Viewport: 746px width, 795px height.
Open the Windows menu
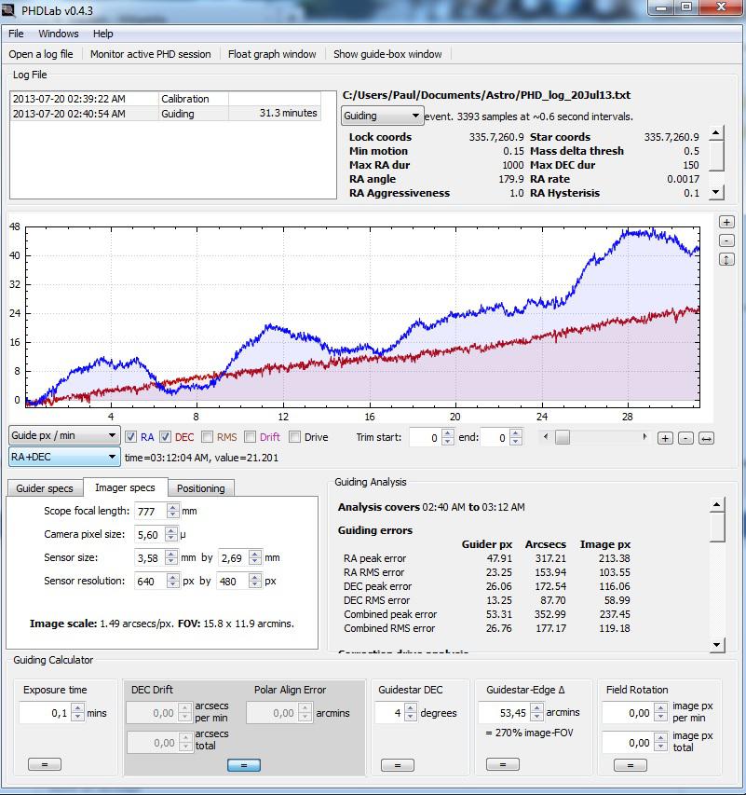pyautogui.click(x=58, y=34)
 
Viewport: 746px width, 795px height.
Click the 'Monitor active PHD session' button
pyautogui.click(x=150, y=54)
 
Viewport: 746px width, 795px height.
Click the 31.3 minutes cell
pyautogui.click(x=288, y=114)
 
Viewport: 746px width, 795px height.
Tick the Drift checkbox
pyautogui.click(x=251, y=437)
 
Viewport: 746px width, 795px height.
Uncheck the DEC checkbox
pyautogui.click(x=165, y=437)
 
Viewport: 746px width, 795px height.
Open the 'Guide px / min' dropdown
pyautogui.click(x=64, y=435)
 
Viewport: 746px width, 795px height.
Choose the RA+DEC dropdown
pyautogui.click(x=64, y=457)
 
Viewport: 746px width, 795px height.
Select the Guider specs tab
pyautogui.click(x=45, y=488)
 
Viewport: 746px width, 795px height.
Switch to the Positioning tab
pyautogui.click(x=200, y=488)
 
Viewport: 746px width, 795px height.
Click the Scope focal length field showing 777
pyautogui.click(x=150, y=511)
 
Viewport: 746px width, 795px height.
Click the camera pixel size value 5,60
pyautogui.click(x=149, y=534)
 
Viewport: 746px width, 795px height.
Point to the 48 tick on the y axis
pyautogui.click(x=14, y=226)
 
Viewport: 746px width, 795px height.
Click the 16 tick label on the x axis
pyautogui.click(x=370, y=417)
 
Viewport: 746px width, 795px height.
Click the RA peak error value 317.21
pyautogui.click(x=545, y=558)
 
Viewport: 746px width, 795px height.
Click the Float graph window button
pyautogui.click(x=272, y=54)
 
